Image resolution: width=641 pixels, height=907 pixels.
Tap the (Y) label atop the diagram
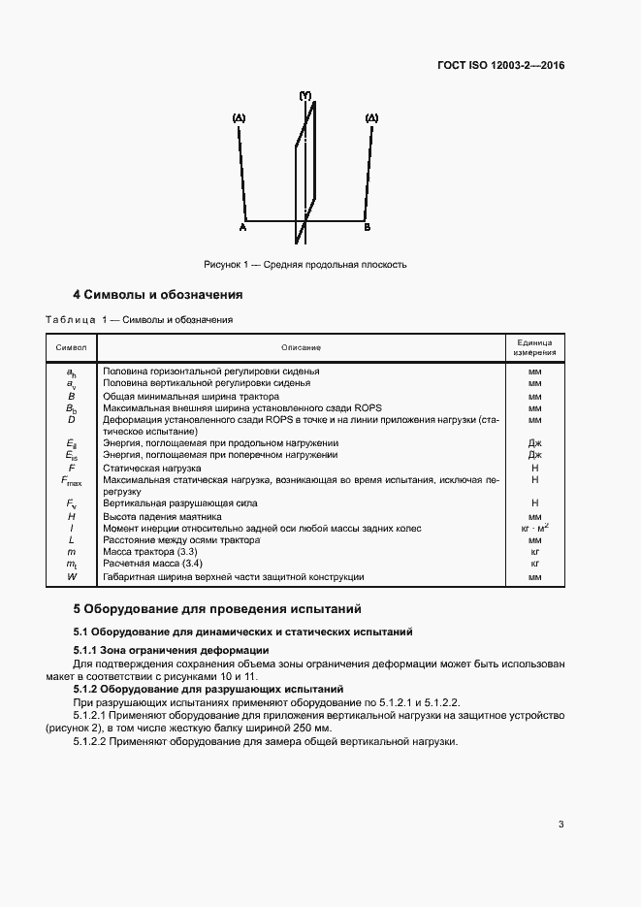pyautogui.click(x=304, y=96)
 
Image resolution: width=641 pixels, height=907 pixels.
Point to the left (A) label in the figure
pyautogui.click(x=239, y=118)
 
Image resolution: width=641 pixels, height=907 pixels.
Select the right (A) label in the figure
pyautogui.click(x=370, y=118)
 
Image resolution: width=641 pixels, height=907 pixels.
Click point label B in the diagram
pyautogui.click(x=367, y=226)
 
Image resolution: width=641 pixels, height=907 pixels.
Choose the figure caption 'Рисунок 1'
pyautogui.click(x=305, y=264)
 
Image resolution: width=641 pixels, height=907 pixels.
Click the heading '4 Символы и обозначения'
pyautogui.click(x=158, y=294)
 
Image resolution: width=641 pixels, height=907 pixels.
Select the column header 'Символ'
pyautogui.click(x=71, y=347)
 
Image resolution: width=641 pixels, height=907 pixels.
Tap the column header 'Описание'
pyautogui.click(x=301, y=347)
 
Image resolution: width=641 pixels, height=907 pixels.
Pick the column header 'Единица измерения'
pyautogui.click(x=534, y=347)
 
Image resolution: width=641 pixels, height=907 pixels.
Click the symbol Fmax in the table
pyautogui.click(x=71, y=480)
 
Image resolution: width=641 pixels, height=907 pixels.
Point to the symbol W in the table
pyautogui.click(x=71, y=577)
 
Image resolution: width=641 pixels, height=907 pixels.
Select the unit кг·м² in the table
pyautogui.click(x=534, y=528)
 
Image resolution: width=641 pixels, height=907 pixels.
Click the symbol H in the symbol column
pyautogui.click(x=71, y=516)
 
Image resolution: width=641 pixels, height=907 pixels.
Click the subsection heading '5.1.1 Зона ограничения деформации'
pyautogui.click(x=171, y=649)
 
